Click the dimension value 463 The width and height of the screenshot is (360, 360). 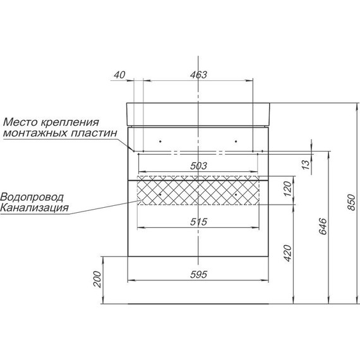pyautogui.click(x=198, y=75)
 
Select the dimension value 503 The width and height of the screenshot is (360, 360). pyautogui.click(x=198, y=165)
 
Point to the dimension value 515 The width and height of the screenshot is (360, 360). pyautogui.click(x=198, y=222)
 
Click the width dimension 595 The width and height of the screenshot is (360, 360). pyautogui.click(x=200, y=274)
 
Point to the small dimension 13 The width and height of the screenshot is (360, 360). pyautogui.click(x=305, y=165)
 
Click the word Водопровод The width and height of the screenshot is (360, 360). pyautogui.click(x=32, y=196)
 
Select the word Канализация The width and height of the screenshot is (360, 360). pyautogui.click(x=34, y=207)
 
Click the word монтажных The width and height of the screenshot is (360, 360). pyautogui.click(x=40, y=133)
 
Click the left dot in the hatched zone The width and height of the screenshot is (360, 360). pyautogui.click(x=161, y=195)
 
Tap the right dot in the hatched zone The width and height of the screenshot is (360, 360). pyautogui.click(x=236, y=195)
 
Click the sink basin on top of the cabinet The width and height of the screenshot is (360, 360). pyautogui.click(x=200, y=112)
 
